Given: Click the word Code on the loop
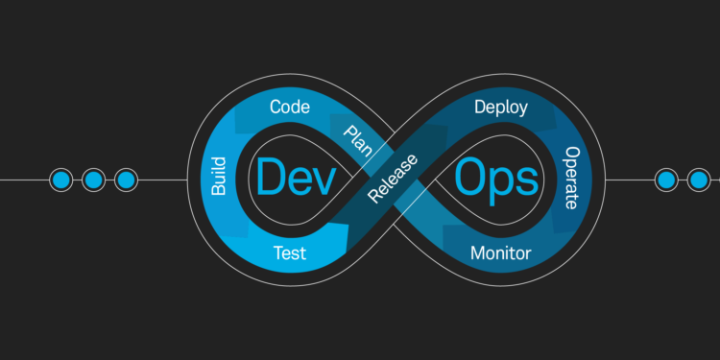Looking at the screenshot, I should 289,107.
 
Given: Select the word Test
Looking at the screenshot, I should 290,253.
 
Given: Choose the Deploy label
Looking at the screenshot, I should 500,107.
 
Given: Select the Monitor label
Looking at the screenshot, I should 501,253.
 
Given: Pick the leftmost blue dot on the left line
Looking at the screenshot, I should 60,180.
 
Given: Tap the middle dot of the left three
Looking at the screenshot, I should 93,180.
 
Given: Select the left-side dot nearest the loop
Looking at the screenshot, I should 125,180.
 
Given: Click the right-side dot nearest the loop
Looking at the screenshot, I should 665,180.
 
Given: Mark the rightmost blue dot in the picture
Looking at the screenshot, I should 698,180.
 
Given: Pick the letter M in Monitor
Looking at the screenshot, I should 477,253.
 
